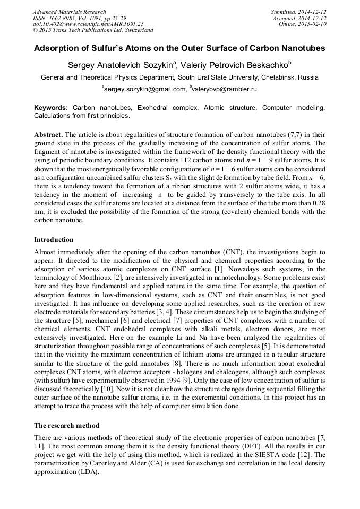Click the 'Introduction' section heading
[54, 239]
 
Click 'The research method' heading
[66, 426]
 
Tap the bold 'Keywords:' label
[51, 108]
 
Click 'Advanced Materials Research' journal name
[69, 12]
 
